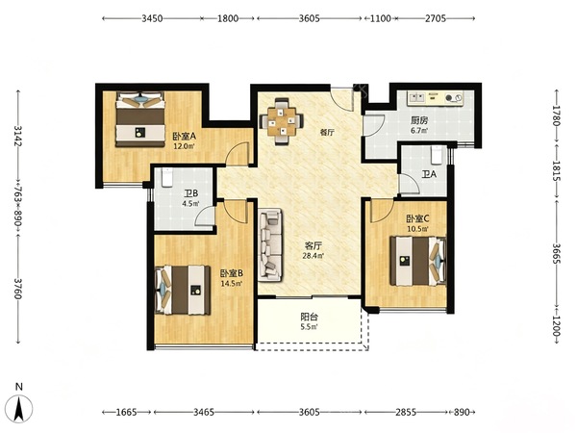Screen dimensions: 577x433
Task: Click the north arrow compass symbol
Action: pyautogui.click(x=19, y=408)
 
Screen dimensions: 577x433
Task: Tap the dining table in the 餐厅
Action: pyautogui.click(x=282, y=121)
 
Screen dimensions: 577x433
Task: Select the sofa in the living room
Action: pyautogui.click(x=270, y=245)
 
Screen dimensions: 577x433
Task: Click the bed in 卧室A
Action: pyautogui.click(x=140, y=119)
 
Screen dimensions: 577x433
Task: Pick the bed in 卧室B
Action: pyautogui.click(x=183, y=290)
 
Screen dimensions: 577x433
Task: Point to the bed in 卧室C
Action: pyautogui.click(x=418, y=261)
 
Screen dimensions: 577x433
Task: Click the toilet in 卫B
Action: pyautogui.click(x=167, y=177)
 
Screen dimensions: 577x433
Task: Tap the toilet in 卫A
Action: pyautogui.click(x=437, y=155)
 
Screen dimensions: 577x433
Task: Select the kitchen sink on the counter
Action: pyautogui.click(x=416, y=98)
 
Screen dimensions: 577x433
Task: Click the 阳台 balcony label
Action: pyautogui.click(x=309, y=317)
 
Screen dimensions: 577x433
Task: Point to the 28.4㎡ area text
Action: pyautogui.click(x=314, y=255)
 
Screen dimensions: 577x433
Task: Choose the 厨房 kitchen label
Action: pyautogui.click(x=419, y=120)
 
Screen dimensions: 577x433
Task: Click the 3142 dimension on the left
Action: pyautogui.click(x=17, y=136)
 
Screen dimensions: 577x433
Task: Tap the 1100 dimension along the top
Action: pyautogui.click(x=380, y=18)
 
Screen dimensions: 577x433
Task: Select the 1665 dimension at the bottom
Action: pyautogui.click(x=126, y=412)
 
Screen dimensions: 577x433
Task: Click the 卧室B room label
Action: pyautogui.click(x=232, y=273)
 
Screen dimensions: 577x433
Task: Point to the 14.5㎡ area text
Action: pyautogui.click(x=232, y=283)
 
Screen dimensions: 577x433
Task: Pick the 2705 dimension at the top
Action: pyautogui.click(x=436, y=18)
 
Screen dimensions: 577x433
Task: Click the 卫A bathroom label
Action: pyautogui.click(x=429, y=174)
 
